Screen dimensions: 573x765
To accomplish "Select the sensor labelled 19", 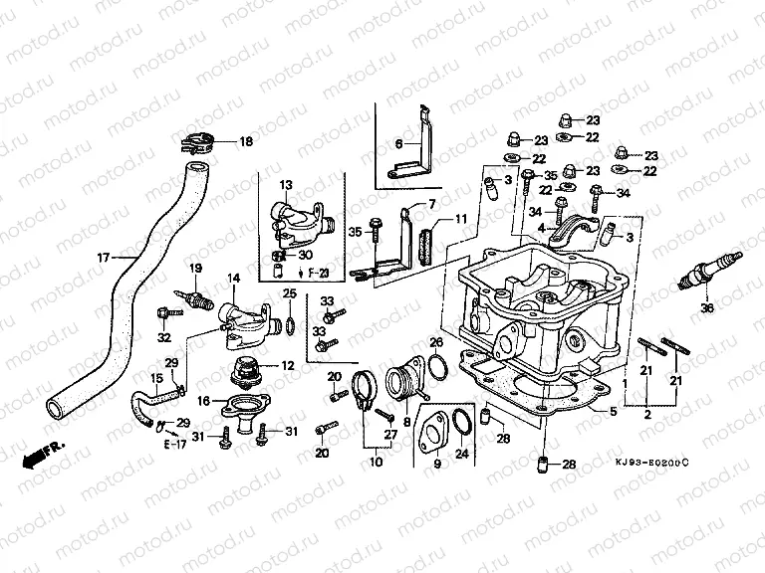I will click(x=192, y=297).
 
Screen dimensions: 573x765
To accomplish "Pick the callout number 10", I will click(x=376, y=463).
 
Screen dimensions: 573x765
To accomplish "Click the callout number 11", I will click(x=460, y=219).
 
